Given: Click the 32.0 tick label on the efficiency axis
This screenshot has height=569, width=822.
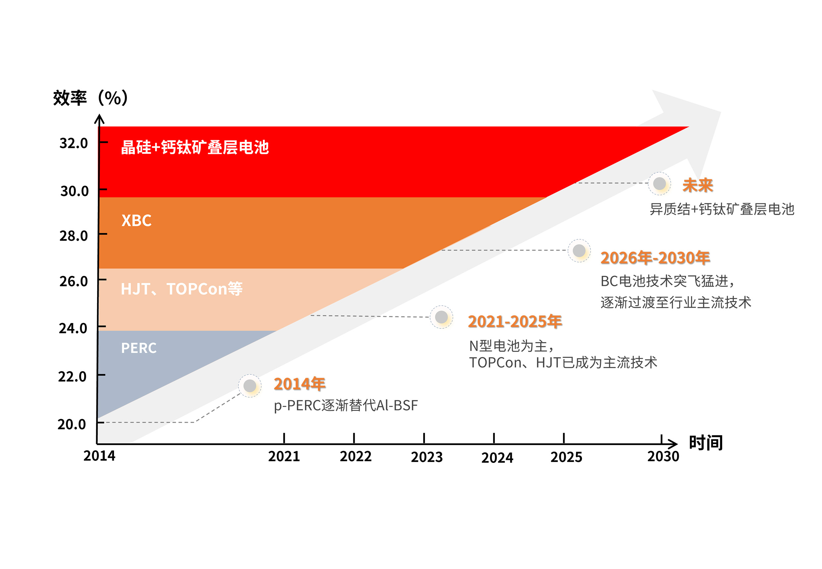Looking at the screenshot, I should coord(73,143).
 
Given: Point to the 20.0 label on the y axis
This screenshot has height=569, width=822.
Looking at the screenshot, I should coord(72,424).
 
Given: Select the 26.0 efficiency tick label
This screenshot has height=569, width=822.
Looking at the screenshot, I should coord(73,281).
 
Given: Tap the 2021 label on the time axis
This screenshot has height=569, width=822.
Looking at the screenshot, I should coord(284,456).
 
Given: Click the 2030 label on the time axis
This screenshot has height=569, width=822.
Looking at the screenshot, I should coord(663,456).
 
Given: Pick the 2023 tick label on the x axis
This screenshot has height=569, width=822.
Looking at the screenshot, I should coord(427,457).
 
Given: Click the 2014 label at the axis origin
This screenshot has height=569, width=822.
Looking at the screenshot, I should coord(99,456).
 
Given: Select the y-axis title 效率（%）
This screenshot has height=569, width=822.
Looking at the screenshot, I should coord(90,98).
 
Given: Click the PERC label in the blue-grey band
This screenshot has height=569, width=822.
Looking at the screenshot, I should coord(139,348).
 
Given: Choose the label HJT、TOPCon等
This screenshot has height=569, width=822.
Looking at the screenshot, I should coord(182,289).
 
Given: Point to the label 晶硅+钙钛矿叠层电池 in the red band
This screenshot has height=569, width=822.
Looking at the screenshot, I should coord(195,147).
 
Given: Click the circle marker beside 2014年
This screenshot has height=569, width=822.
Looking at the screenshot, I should coord(250,385).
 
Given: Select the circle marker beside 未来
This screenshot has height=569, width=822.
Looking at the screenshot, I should coord(659,184).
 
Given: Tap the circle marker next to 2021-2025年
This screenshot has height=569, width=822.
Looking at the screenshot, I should coord(441,317).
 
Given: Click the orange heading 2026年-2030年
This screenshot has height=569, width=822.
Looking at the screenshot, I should coord(655,258).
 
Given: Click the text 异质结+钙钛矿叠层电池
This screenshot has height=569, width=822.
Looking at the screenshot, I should coord(722,209).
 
